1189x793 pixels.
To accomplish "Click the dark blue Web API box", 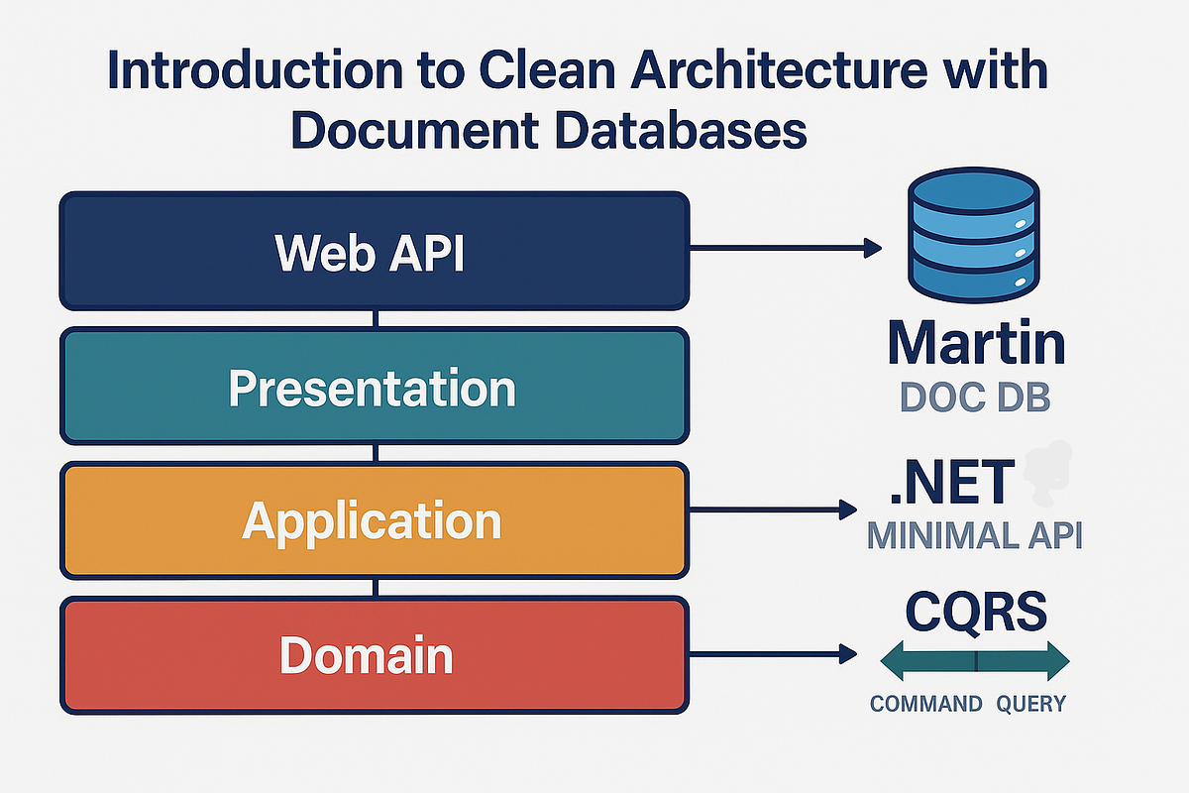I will coord(375,251).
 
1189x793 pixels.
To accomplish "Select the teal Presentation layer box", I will coord(375,386).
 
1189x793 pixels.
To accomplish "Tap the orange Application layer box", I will coord(375,520).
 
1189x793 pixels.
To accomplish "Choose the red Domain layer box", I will coord(375,656).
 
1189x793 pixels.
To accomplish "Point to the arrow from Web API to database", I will coord(783,247).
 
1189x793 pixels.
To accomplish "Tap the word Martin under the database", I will coord(976,342).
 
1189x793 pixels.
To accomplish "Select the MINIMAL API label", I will coord(974,535).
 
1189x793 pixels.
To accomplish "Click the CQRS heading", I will coord(976,612).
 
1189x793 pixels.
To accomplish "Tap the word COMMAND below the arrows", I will coord(926,704).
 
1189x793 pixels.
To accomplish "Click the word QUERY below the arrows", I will coord(1030,704).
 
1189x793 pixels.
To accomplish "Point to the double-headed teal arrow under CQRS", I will coord(975,659).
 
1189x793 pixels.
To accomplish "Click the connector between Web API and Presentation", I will coord(376,318).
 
